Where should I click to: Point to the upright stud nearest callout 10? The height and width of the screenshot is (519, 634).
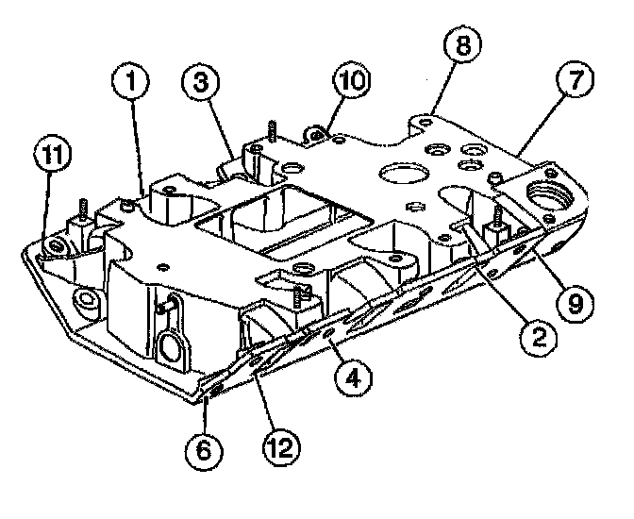[x=271, y=131]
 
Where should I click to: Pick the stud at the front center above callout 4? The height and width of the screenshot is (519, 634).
[x=300, y=298]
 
